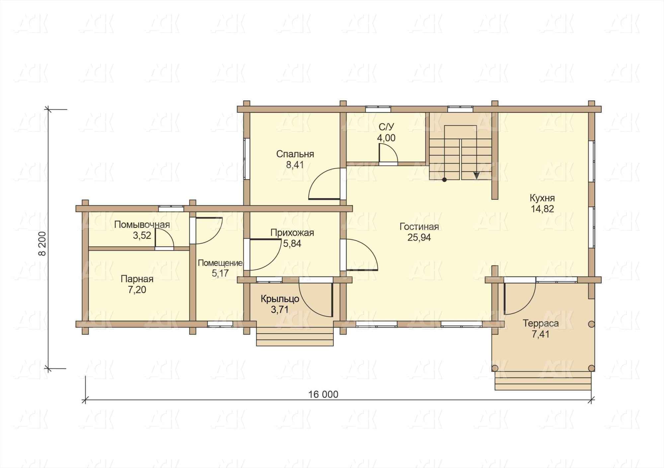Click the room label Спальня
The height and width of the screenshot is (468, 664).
295,154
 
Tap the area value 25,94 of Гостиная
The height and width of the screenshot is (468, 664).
419,238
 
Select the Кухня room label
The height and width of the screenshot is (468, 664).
542,198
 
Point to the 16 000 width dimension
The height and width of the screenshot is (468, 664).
323,394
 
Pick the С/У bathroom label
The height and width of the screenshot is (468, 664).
386,127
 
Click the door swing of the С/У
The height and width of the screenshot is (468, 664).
388,153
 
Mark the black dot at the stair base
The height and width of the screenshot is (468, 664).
444,180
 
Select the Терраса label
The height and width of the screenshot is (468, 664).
540,323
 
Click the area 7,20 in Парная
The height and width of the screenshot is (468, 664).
137,290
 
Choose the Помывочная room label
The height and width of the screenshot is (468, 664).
142,225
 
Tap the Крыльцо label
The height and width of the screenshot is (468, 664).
280,299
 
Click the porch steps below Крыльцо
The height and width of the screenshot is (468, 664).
295,337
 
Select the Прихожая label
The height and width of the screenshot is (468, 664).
292,233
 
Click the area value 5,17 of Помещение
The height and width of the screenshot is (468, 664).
220,273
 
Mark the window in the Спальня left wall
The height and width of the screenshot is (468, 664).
247,159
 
